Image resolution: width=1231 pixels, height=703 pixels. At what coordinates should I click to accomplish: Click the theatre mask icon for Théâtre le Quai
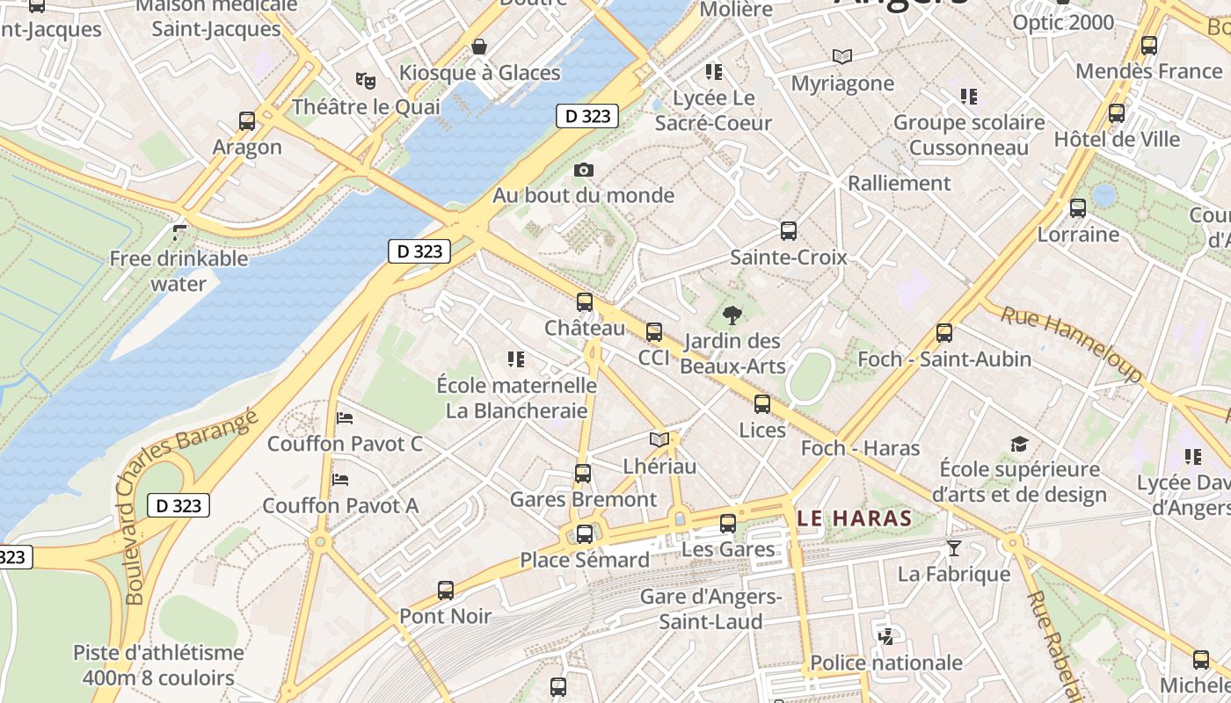pos(366,80)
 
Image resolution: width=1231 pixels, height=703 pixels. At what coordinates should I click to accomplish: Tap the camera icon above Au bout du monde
pos(583,170)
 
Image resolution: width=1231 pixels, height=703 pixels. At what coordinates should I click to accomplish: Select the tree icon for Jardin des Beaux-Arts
pos(732,315)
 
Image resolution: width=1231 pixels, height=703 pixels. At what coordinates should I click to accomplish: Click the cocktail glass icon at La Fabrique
pos(953,548)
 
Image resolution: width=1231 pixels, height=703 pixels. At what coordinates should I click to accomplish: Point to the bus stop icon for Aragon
pos(247,120)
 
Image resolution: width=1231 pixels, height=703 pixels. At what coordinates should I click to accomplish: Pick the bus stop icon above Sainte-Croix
pos(789,231)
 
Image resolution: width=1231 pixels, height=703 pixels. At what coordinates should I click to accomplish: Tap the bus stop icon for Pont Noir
pos(446,591)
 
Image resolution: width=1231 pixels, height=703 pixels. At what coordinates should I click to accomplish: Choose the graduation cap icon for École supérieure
pos(1019,444)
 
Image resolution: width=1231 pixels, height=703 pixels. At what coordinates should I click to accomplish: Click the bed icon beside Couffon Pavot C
pos(345,417)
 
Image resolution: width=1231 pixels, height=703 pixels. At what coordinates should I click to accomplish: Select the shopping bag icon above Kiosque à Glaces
pos(479,46)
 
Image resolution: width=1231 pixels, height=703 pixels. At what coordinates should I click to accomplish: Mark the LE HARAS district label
pos(855,518)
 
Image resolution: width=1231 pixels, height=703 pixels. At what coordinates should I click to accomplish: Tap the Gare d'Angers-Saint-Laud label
pos(711,609)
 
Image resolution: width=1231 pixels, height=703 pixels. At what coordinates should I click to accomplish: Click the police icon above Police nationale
pos(886,636)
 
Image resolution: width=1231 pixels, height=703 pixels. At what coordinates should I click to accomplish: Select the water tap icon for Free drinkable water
pos(179,232)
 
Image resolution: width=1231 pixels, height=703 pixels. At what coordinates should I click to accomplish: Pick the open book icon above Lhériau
pos(659,439)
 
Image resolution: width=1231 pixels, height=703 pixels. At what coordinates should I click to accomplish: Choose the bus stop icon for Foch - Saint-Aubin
pos(944,333)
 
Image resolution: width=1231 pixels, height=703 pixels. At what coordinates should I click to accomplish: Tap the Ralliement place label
pos(899,183)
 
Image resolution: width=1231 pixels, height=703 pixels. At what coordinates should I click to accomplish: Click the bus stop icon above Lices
pos(762,404)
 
